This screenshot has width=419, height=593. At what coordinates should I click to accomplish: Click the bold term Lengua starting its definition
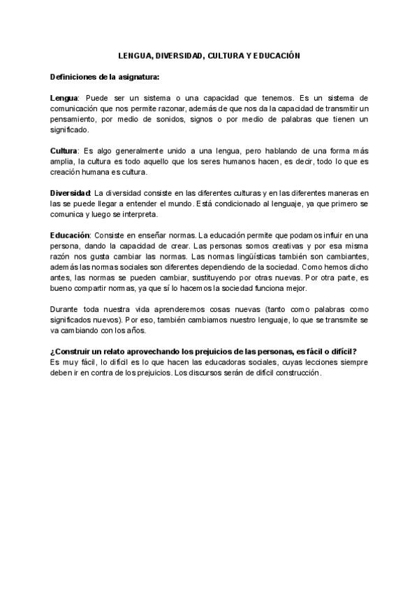click(x=64, y=99)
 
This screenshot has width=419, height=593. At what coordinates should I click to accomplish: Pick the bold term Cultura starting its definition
click(x=64, y=151)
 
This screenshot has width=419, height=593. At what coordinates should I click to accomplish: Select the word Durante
click(x=65, y=308)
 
